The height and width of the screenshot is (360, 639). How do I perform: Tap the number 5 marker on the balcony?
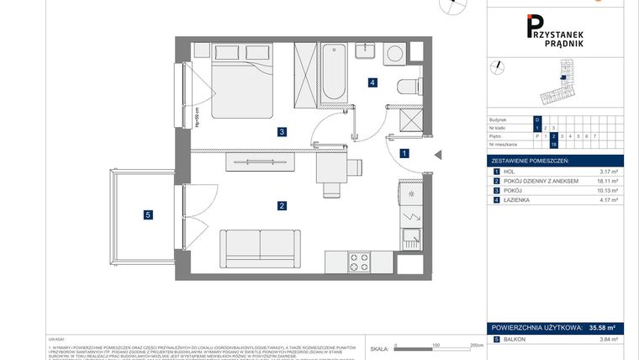(x=148, y=215)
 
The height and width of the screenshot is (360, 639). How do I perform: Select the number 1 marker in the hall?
(x=404, y=154)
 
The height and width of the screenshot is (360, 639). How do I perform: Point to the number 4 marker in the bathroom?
(x=372, y=82)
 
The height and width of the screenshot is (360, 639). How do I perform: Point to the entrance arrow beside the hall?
(x=437, y=154)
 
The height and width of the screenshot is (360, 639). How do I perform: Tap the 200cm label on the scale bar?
(x=477, y=345)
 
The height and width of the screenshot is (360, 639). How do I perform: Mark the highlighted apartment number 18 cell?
(x=554, y=144)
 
